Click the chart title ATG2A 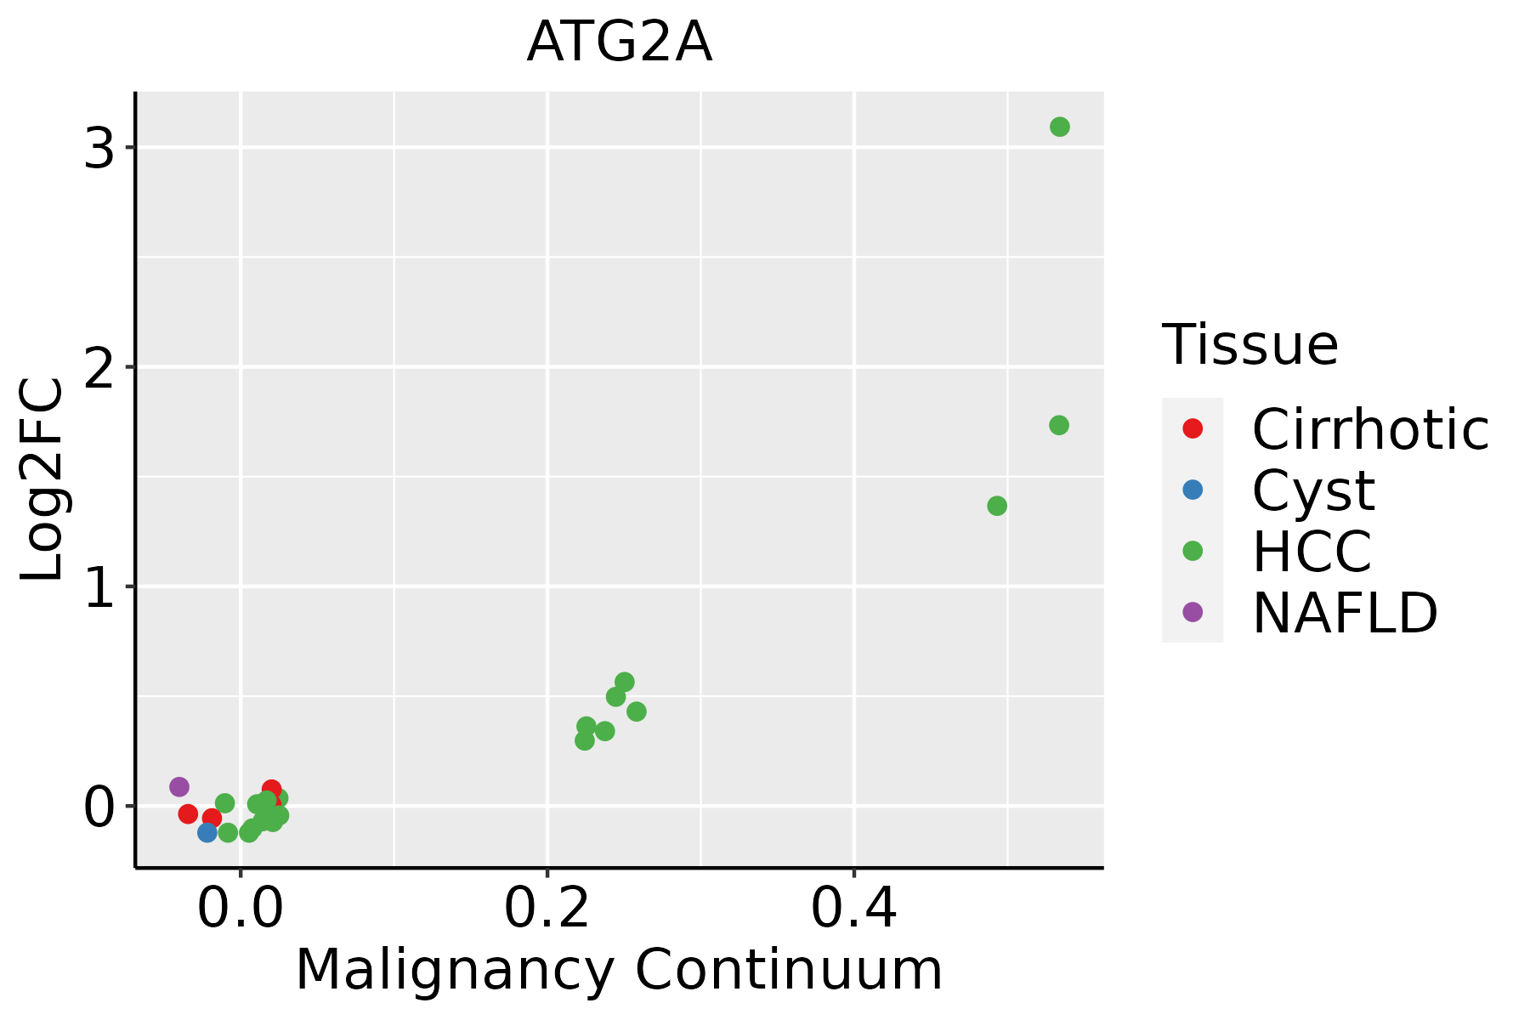tap(619, 42)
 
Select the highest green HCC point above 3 tap(1059, 127)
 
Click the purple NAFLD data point tap(179, 786)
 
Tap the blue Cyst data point tap(207, 832)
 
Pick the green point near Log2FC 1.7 tap(1058, 425)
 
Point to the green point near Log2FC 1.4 tap(997, 506)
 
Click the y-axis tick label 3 tap(99, 149)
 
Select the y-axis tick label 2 tap(99, 368)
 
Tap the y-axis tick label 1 tap(99, 587)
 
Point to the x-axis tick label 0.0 tap(241, 909)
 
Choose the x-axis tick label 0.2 tap(547, 909)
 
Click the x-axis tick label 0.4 tap(853, 909)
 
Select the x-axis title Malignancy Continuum tap(619, 970)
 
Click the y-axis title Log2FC tap(42, 479)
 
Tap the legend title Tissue tap(1249, 345)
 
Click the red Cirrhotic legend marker tap(1193, 428)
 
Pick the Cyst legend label tap(1313, 490)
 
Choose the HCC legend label tap(1312, 552)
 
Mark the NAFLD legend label tap(1345, 613)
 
